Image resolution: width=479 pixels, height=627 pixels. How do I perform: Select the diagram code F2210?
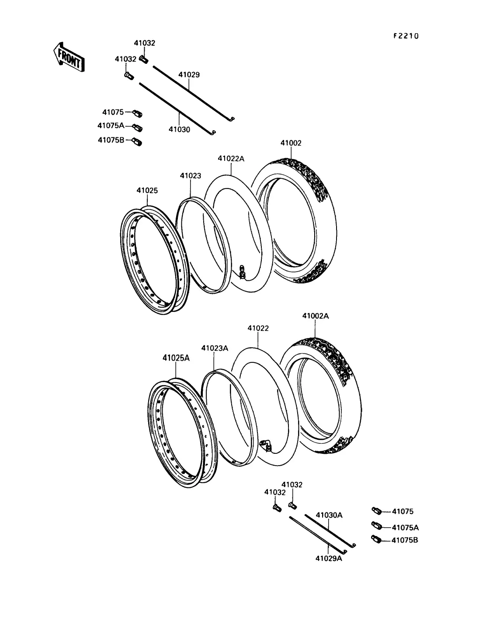(x=406, y=36)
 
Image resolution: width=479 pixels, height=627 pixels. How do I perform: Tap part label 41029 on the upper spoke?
(x=189, y=75)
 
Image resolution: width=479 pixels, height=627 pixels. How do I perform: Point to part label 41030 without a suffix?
(x=179, y=129)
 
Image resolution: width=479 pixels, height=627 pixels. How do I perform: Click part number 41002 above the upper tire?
(x=291, y=143)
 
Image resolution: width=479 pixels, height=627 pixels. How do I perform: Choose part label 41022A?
(x=231, y=159)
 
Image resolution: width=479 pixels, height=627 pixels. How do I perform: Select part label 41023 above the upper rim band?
(x=191, y=176)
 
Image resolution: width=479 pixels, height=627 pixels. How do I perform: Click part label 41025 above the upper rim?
(x=147, y=191)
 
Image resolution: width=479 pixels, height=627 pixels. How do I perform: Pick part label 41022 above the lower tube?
(x=258, y=328)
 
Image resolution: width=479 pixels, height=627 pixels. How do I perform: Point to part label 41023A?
(x=215, y=348)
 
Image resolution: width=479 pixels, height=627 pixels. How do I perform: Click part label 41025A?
(x=176, y=358)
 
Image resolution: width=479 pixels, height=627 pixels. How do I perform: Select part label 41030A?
(x=329, y=515)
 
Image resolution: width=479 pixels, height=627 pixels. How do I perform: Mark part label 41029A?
(x=329, y=558)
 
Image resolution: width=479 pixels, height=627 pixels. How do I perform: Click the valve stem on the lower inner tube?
(x=266, y=445)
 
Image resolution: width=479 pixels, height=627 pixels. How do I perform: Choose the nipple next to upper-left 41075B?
(x=137, y=142)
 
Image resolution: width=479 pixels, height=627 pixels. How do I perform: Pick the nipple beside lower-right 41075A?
(x=377, y=525)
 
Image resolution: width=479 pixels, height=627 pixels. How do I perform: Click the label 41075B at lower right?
(x=405, y=540)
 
